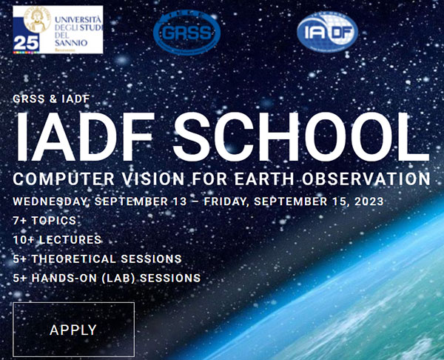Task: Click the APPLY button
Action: point(73,330)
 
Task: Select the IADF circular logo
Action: point(326,33)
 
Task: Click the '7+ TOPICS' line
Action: point(45,221)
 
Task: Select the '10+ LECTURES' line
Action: point(57,240)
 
